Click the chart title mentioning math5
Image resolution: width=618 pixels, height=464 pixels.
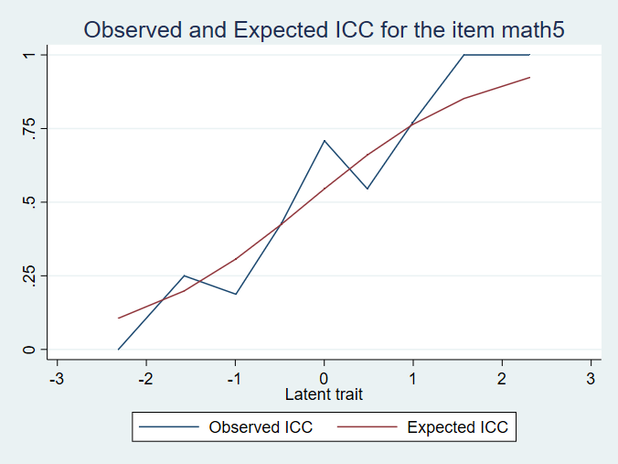pyautogui.click(x=324, y=29)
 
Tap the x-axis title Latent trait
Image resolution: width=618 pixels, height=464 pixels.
pyautogui.click(x=324, y=394)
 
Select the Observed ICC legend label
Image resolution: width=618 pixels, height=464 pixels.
pyautogui.click(x=261, y=426)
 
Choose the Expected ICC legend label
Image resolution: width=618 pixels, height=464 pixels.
pyautogui.click(x=456, y=426)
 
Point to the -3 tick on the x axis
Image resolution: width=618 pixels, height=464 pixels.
pyautogui.click(x=57, y=378)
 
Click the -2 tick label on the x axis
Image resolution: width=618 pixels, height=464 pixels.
pyautogui.click(x=145, y=378)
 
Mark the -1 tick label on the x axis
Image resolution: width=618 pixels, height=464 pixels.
pyautogui.click(x=234, y=378)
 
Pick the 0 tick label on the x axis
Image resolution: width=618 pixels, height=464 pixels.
pyautogui.click(x=324, y=378)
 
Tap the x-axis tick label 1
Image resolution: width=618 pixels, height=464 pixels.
pyautogui.click(x=412, y=378)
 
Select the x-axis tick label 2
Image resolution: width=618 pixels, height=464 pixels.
pyautogui.click(x=501, y=378)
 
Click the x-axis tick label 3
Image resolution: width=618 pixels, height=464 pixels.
pyautogui.click(x=590, y=378)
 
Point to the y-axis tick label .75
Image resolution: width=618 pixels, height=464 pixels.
pyautogui.click(x=30, y=128)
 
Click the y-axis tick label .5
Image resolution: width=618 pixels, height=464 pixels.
pyautogui.click(x=30, y=201)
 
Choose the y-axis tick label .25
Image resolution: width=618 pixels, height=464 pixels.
pyautogui.click(x=30, y=275)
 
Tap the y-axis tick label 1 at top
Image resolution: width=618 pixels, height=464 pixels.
pyautogui.click(x=30, y=55)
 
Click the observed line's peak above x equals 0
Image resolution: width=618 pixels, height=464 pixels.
pyautogui.click(x=324, y=140)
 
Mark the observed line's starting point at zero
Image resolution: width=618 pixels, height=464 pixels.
pyautogui.click(x=118, y=350)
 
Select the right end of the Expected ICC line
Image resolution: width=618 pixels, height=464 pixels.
pyautogui.click(x=529, y=78)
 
